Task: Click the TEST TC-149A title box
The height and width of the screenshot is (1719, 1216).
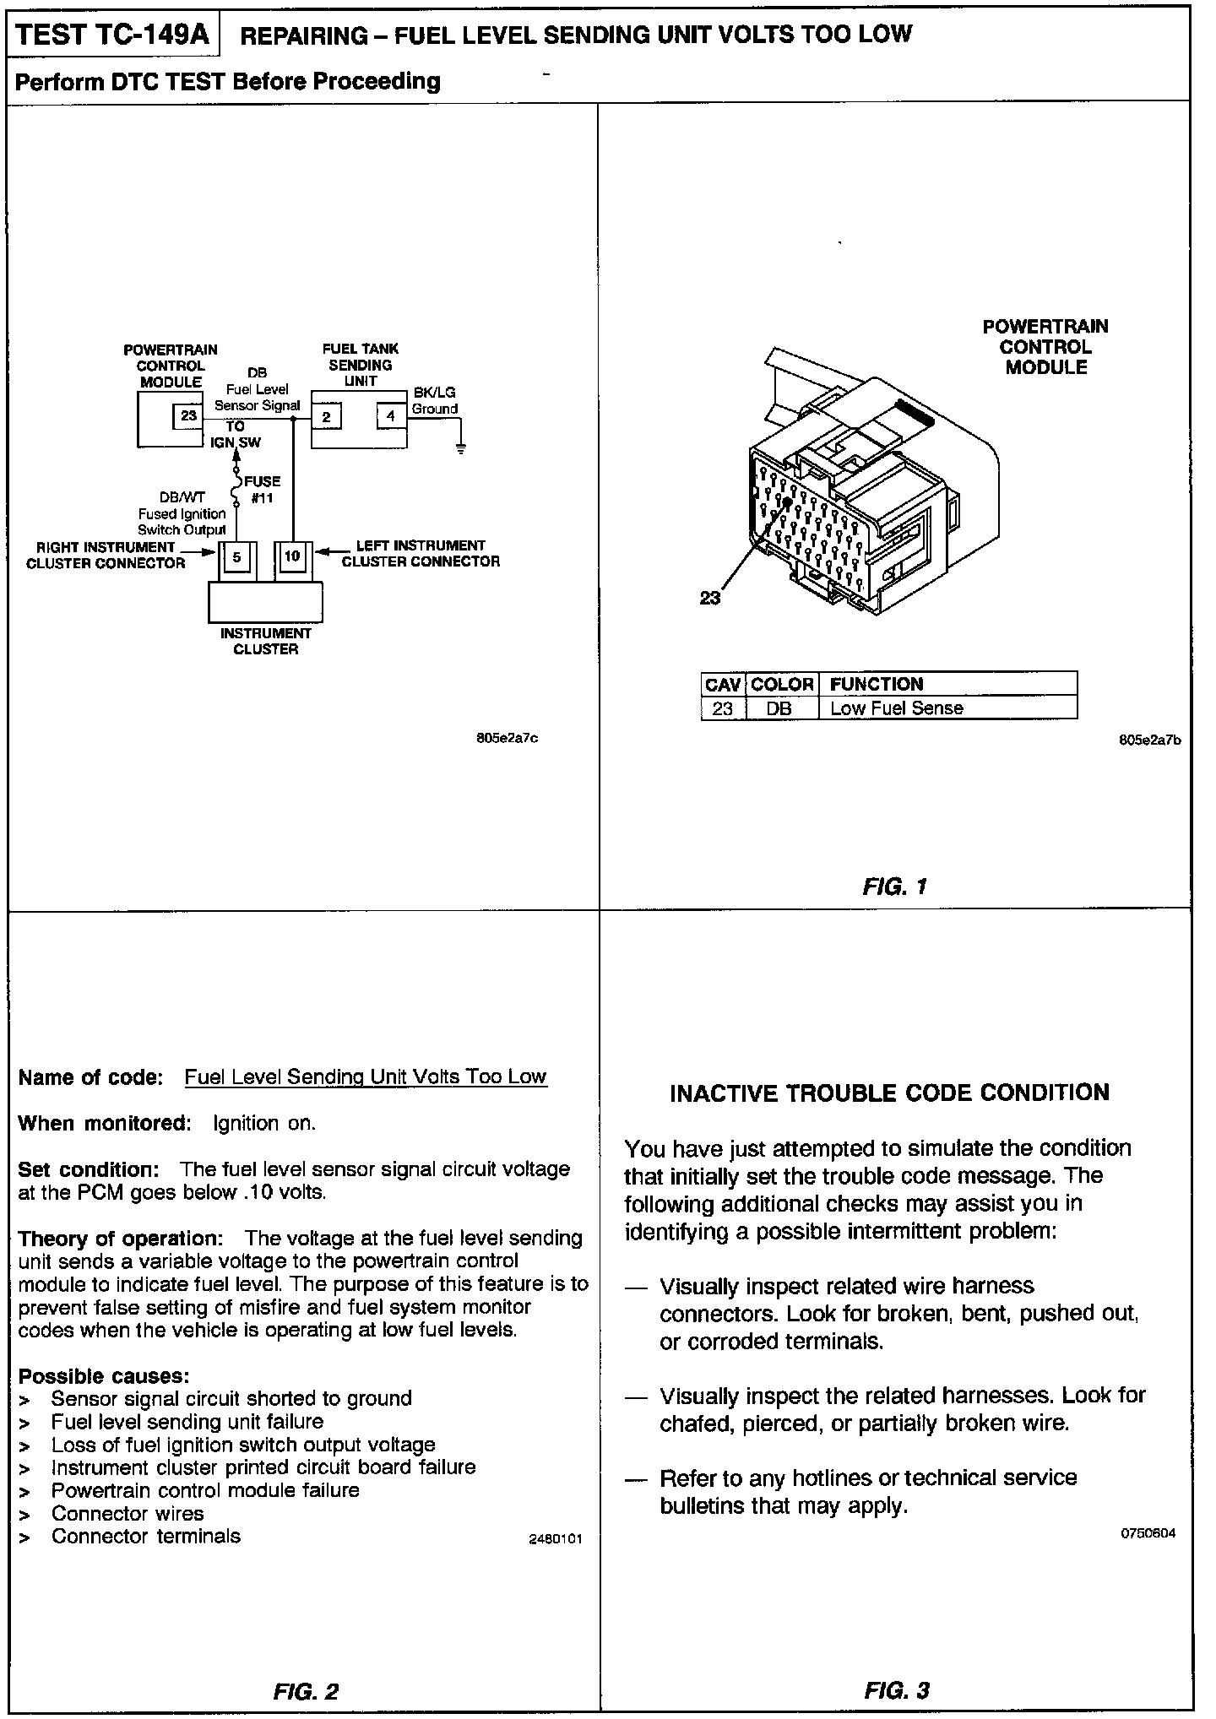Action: (x=113, y=34)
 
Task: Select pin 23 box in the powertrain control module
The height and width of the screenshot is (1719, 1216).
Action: (x=188, y=415)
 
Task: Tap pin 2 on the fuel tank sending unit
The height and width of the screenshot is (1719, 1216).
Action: (x=327, y=415)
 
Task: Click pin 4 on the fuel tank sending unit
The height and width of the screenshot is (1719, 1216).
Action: (x=391, y=415)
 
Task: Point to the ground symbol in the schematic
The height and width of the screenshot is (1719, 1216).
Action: (x=460, y=448)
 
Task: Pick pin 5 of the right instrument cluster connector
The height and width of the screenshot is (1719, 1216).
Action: (x=236, y=557)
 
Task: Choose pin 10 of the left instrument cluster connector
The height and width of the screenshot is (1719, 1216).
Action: (x=292, y=556)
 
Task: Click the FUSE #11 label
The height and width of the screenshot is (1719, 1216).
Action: (x=262, y=490)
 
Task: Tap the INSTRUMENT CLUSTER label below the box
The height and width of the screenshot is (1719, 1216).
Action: (x=266, y=641)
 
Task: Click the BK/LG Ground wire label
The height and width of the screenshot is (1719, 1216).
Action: (x=434, y=401)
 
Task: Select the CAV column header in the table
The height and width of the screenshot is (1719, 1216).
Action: (x=723, y=684)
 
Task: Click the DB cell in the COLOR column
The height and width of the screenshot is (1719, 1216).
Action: (x=779, y=708)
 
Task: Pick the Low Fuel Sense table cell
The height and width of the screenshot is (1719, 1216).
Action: (x=896, y=708)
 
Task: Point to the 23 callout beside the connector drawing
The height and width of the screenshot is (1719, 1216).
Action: (x=710, y=598)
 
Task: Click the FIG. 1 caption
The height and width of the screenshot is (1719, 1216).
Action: (x=895, y=887)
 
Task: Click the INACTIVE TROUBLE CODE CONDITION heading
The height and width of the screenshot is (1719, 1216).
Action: (x=889, y=1093)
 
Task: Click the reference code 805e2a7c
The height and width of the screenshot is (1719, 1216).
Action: (x=508, y=739)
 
